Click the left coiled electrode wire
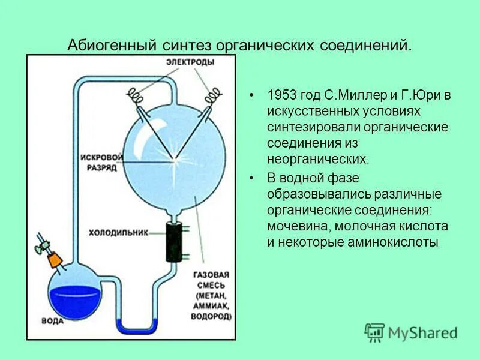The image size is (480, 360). (137, 94)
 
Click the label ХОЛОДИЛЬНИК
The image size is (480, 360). (118, 231)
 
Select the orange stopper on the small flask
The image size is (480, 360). (55, 259)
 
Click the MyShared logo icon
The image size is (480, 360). (374, 332)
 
